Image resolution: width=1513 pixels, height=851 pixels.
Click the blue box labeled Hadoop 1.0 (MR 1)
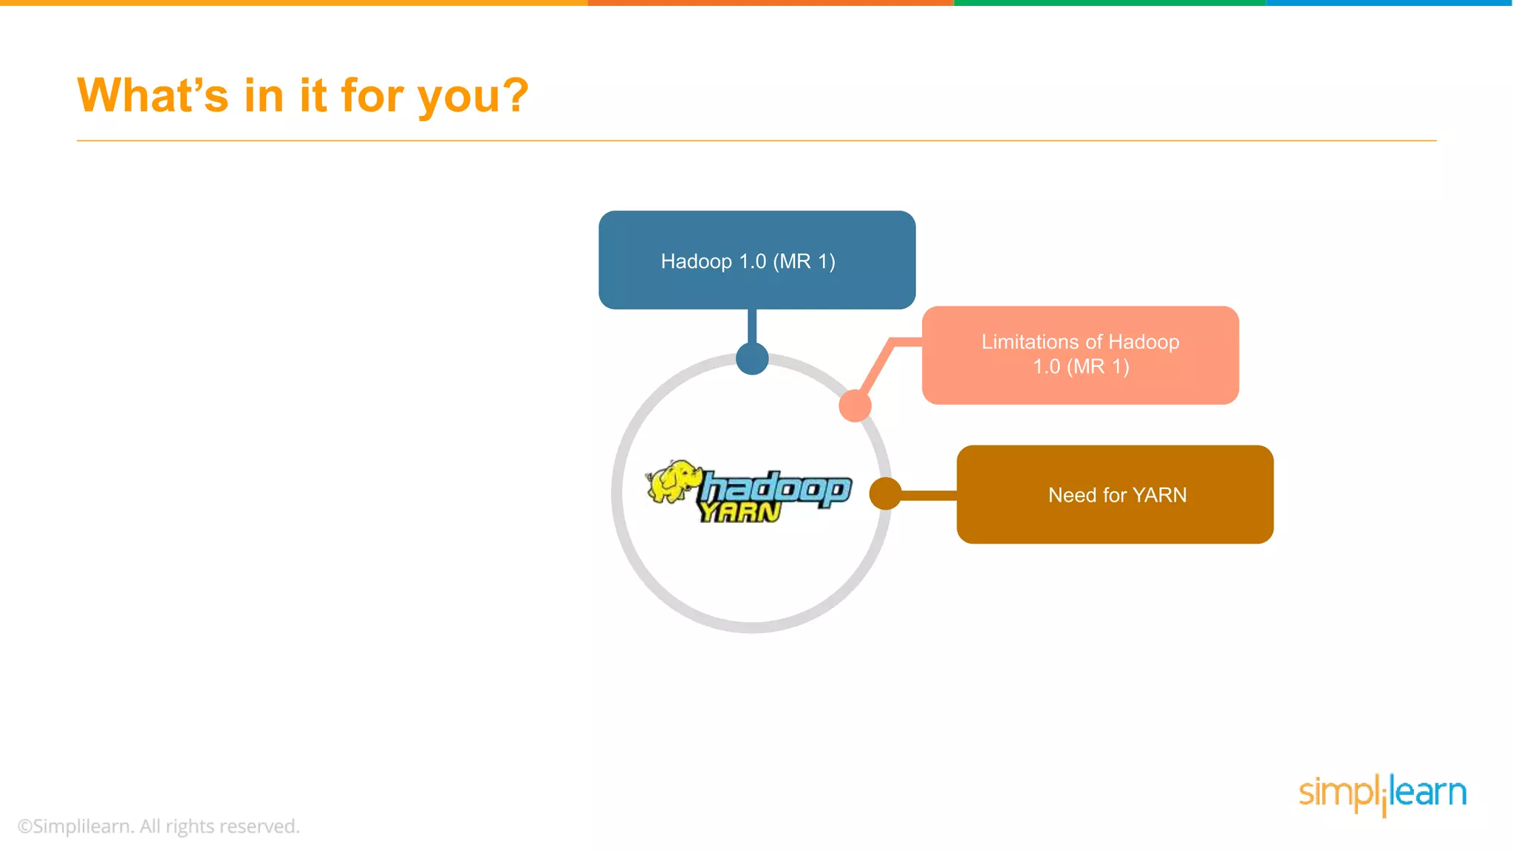[x=756, y=260]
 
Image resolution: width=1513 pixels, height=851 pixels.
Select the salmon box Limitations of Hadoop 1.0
[x=1080, y=355]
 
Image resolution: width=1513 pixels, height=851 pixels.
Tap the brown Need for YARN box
[x=1114, y=494]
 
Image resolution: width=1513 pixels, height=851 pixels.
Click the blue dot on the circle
[x=752, y=359]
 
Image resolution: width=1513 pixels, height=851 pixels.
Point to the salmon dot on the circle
[x=855, y=406]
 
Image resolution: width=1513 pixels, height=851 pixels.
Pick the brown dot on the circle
[x=885, y=493]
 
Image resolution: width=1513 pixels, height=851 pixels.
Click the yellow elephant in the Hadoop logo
[x=672, y=481]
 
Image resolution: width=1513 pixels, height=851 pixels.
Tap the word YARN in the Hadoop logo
[x=740, y=512]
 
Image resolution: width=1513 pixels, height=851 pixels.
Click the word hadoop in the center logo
[x=776, y=488]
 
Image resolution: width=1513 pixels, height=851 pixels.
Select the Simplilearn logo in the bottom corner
[x=1382, y=793]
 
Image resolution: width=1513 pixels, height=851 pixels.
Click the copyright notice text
[x=158, y=826]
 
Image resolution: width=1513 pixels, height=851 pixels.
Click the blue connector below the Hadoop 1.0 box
[x=752, y=326]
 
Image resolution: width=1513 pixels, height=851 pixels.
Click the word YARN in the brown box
[x=1159, y=495]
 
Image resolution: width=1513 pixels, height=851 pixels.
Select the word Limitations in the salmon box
[x=1030, y=342]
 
